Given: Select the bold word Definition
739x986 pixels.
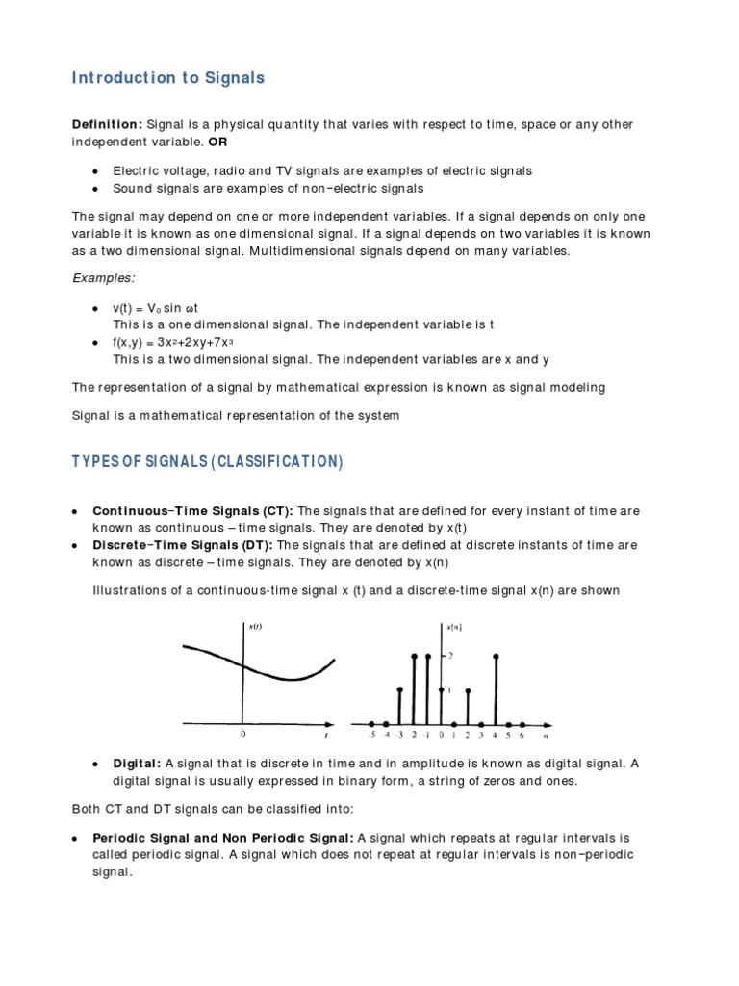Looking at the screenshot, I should point(107,125).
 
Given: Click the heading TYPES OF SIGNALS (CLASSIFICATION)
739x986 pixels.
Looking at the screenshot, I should point(207,461).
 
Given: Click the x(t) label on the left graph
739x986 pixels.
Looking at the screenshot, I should point(255,627).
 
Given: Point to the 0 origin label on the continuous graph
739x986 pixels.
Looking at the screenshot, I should point(242,733).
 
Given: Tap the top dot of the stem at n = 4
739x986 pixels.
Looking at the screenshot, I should point(495,657).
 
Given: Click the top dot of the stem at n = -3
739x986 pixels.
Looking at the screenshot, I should point(400,689).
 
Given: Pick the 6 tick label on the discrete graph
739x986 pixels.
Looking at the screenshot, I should point(522,735).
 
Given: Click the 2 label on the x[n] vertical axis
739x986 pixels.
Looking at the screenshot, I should point(449,656).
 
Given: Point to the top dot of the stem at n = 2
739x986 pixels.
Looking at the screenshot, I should point(468,690).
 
